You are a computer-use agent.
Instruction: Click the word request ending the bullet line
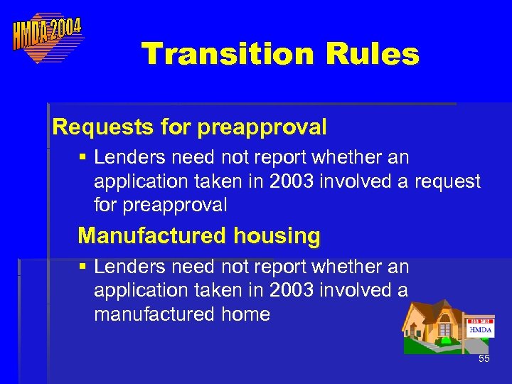pos(448,181)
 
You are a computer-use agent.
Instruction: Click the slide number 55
pos(484,359)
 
